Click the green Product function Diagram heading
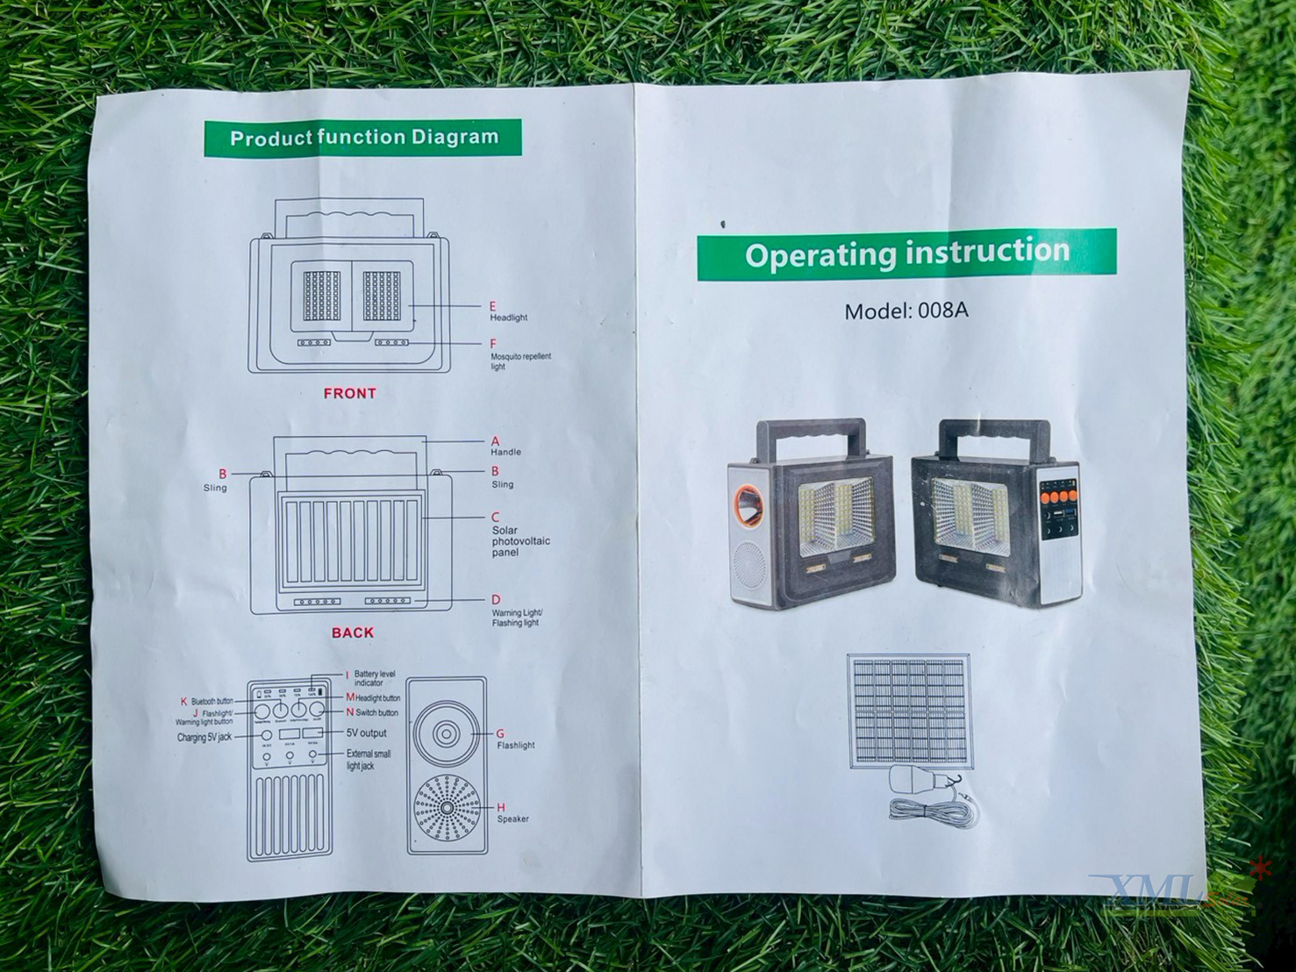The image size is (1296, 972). pos(363,138)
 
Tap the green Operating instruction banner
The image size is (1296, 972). pos(906,254)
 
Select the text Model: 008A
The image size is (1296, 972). pos(906,311)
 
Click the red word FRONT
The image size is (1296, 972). pos(349,394)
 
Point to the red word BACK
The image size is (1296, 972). pos(353,633)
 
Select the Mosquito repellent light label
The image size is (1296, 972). pos(520,361)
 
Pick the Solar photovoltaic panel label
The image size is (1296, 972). pos(520,541)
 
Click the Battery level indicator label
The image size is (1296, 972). pos(374,678)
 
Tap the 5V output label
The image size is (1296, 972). pos(366,733)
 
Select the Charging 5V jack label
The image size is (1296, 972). pos(204,737)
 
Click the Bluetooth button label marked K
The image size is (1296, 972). pos(211,702)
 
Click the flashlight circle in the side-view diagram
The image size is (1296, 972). pos(447,733)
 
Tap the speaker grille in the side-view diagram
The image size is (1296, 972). pos(447,808)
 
